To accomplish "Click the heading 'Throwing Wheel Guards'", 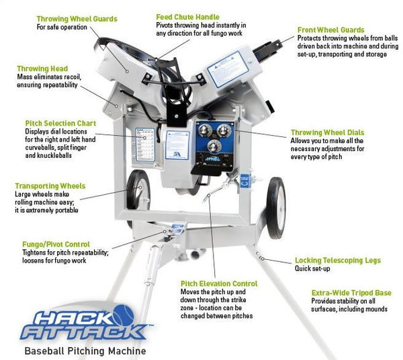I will click(77, 19).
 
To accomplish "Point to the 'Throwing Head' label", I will click(42, 69).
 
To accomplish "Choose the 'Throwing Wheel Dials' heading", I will click(327, 132).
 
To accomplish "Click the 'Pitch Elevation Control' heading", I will click(218, 283).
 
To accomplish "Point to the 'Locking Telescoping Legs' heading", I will click(338, 260).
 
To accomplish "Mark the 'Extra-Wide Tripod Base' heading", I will click(351, 293).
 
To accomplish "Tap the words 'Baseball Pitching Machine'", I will click(85, 350).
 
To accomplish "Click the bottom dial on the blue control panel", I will click(213, 147).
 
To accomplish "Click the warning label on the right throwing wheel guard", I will click(224, 69).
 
